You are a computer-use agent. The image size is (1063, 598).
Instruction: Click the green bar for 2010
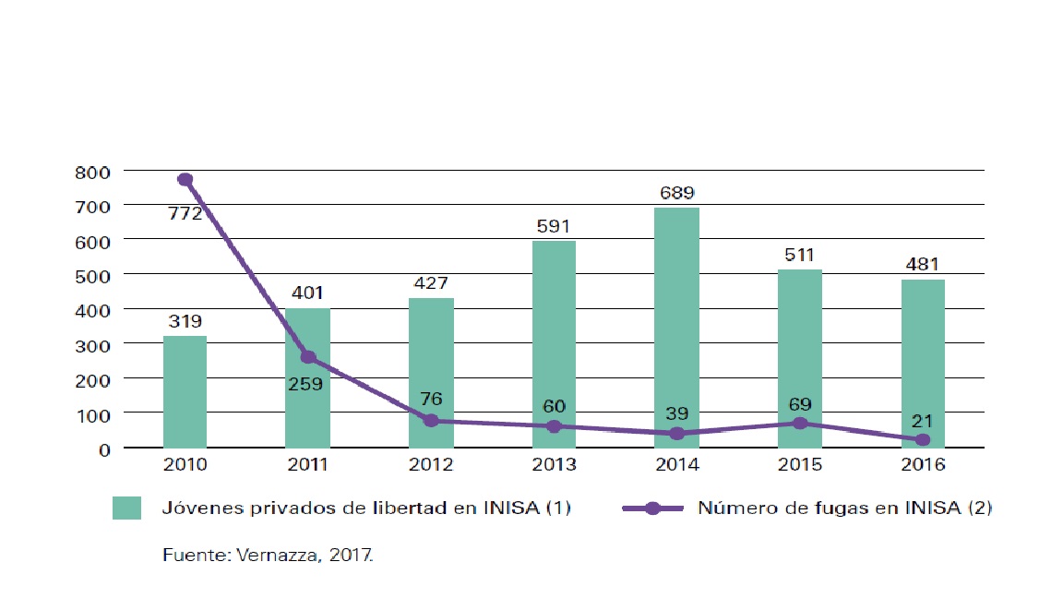coord(185,392)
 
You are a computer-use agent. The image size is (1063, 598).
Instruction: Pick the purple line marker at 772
coord(185,179)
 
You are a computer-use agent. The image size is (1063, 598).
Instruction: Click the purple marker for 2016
coord(922,440)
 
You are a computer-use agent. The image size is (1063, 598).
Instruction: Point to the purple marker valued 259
coord(308,357)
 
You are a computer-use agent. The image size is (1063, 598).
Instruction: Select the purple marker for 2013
coord(554,426)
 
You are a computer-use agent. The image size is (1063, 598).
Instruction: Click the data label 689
coord(676,194)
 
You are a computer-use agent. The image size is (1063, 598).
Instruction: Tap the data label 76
coord(431,400)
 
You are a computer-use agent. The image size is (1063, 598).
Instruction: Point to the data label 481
coord(922,265)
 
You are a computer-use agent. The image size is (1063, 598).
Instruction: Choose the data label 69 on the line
coord(799,402)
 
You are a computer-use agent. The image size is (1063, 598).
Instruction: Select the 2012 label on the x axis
coord(431,465)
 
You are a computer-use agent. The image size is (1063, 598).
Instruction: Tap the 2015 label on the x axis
coord(799,465)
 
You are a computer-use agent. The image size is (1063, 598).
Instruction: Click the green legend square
coord(127,508)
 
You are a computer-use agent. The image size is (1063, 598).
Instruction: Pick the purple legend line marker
coord(652,508)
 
